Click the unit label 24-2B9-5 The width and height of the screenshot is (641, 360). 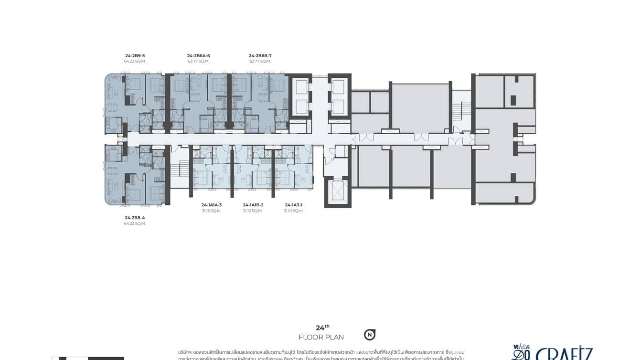tap(135, 56)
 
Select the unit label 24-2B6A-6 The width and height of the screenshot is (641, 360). tap(198, 56)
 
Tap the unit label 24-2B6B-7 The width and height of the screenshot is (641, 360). tap(260, 56)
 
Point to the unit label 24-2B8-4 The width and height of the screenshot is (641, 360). tap(135, 218)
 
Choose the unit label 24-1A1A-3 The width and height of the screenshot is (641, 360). tap(212, 205)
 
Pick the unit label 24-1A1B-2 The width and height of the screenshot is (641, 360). tap(253, 205)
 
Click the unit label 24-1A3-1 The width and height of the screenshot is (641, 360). tap(294, 205)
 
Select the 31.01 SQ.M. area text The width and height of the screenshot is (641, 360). tap(294, 211)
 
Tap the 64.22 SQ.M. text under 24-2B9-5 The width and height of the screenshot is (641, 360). tap(135, 62)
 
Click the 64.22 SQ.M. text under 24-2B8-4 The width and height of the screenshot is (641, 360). tap(135, 223)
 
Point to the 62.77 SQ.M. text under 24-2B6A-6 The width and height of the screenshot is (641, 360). tap(198, 62)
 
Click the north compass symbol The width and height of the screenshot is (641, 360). tap(369, 335)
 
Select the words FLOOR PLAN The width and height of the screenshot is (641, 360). tap(321, 338)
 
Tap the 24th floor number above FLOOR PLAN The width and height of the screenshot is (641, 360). tap(322, 328)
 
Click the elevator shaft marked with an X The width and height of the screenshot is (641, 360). tap(338, 192)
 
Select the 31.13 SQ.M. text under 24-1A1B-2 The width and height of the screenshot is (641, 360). tap(253, 211)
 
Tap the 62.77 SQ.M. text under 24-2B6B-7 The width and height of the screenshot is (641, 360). tap(260, 62)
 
